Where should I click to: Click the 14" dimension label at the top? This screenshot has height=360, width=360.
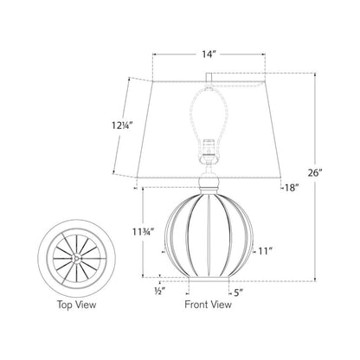click(x=208, y=54)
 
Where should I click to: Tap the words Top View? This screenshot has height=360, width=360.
click(x=77, y=305)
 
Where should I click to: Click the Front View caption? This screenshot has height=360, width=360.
click(x=208, y=305)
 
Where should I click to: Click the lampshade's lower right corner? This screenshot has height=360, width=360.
click(x=280, y=183)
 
